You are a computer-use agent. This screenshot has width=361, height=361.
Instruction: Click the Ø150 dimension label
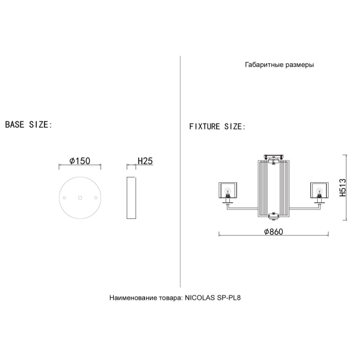click(x=79, y=161)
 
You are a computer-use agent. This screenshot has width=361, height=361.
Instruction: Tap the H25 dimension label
click(x=145, y=161)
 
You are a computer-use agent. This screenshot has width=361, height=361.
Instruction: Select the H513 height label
click(x=342, y=187)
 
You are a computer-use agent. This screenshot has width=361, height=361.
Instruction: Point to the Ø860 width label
click(x=273, y=232)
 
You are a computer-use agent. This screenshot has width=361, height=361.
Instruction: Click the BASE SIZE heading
click(x=29, y=125)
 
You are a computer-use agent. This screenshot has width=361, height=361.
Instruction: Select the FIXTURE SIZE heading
click(x=217, y=126)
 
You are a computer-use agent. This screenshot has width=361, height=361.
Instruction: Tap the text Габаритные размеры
click(x=279, y=65)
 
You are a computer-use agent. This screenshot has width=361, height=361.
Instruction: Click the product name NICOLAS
click(x=200, y=298)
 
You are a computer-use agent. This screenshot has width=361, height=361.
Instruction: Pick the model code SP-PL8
click(x=229, y=298)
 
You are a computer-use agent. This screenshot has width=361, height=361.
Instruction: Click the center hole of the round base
click(x=80, y=197)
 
